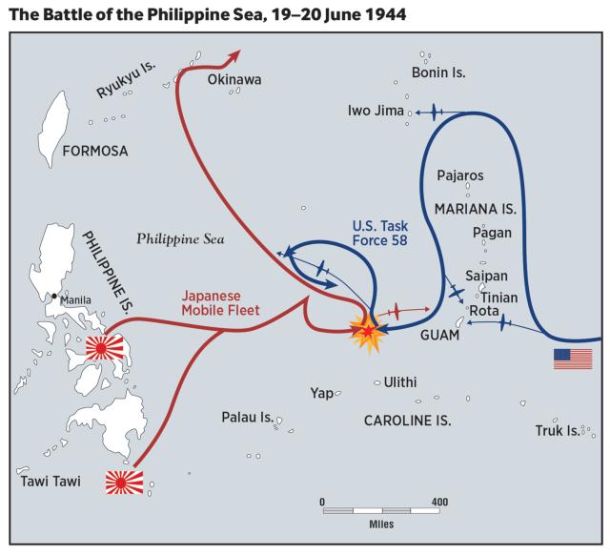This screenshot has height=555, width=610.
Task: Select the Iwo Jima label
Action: (x=376, y=113)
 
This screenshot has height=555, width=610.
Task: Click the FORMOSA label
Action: (x=95, y=151)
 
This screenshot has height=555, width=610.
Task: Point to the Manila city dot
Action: (x=56, y=297)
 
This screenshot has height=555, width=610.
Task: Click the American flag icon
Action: (x=573, y=360)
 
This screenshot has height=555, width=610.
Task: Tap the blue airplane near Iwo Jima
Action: (x=434, y=113)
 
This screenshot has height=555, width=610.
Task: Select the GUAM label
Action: (x=439, y=337)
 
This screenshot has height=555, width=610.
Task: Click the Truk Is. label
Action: (x=558, y=431)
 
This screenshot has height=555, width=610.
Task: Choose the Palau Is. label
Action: (x=247, y=418)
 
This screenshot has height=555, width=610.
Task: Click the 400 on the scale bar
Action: (x=438, y=502)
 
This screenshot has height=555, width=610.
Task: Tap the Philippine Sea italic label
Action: (x=179, y=239)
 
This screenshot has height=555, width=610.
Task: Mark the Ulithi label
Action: (x=399, y=381)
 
